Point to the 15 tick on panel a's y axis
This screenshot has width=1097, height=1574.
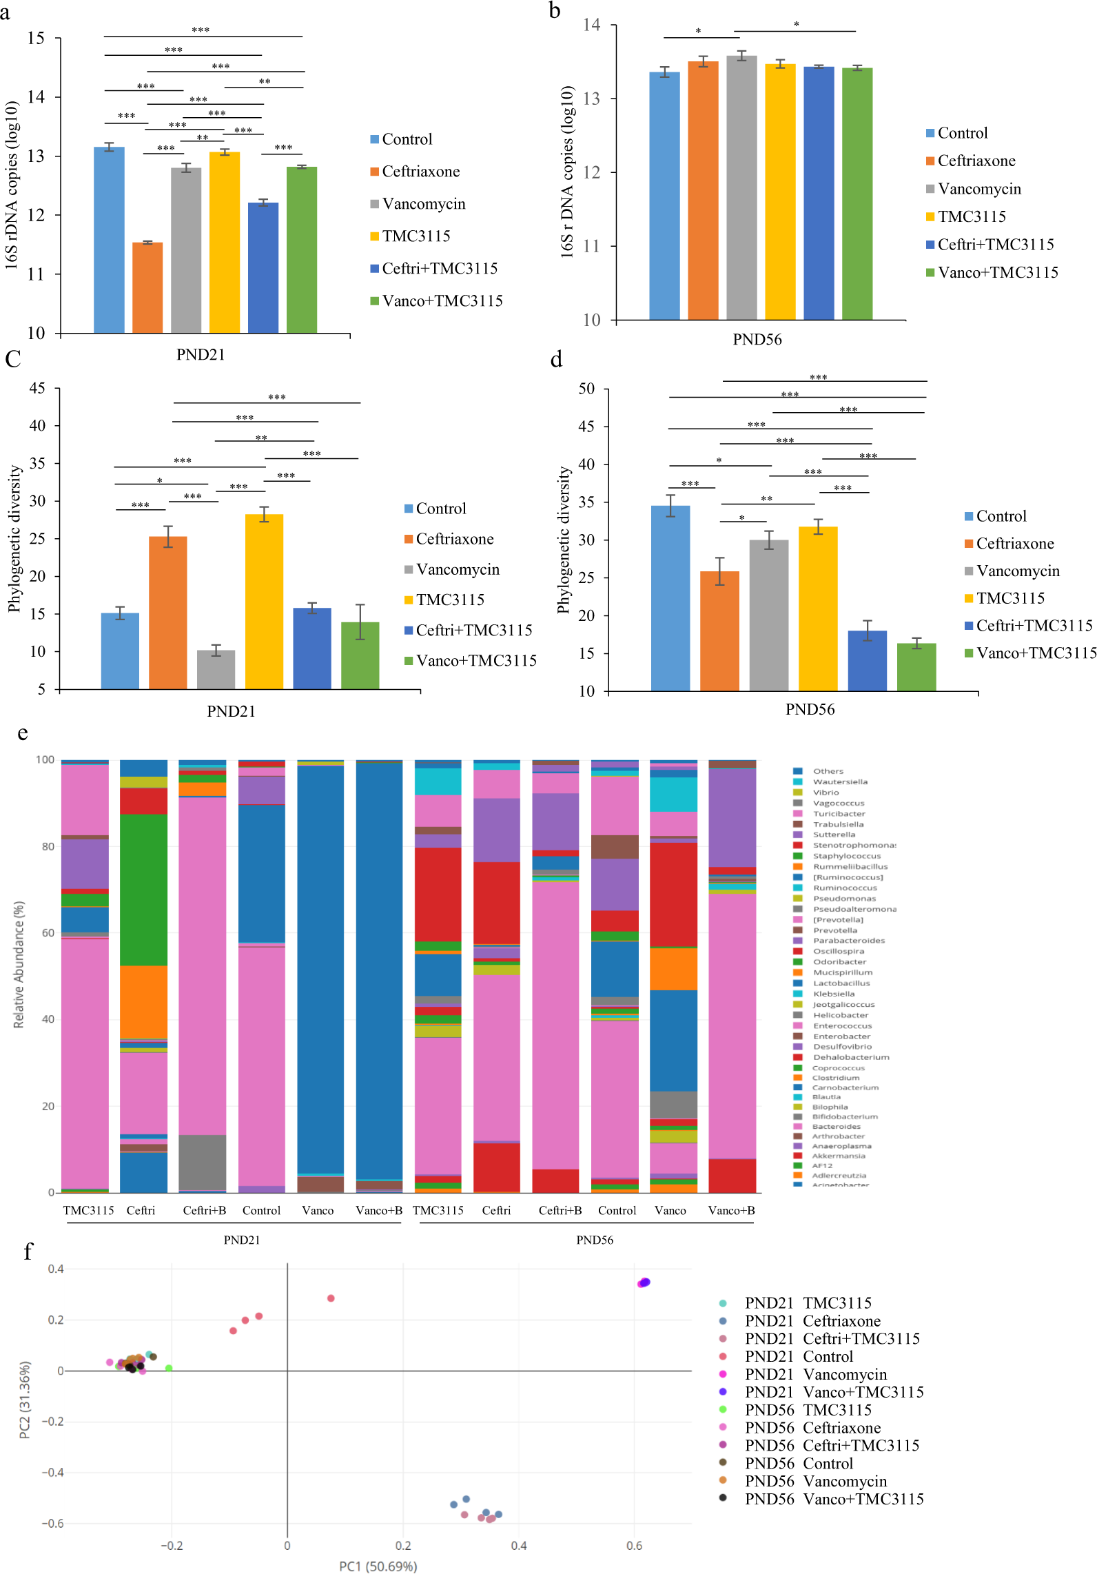[x=36, y=39]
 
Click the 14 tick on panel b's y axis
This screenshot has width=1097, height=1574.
[x=591, y=25]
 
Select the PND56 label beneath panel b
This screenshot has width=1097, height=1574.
[x=757, y=339]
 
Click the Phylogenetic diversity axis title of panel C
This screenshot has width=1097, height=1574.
[x=14, y=538]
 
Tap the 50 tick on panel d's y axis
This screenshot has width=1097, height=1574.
[x=586, y=389]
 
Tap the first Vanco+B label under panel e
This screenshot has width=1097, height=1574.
[x=378, y=1210]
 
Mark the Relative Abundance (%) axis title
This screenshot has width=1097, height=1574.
[x=19, y=964]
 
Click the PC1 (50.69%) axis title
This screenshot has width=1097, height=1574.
[x=378, y=1566]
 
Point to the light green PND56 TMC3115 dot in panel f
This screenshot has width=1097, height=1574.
[x=169, y=1368]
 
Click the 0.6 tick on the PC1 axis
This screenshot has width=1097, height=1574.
[x=634, y=1545]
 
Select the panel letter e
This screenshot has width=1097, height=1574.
[x=23, y=733]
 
